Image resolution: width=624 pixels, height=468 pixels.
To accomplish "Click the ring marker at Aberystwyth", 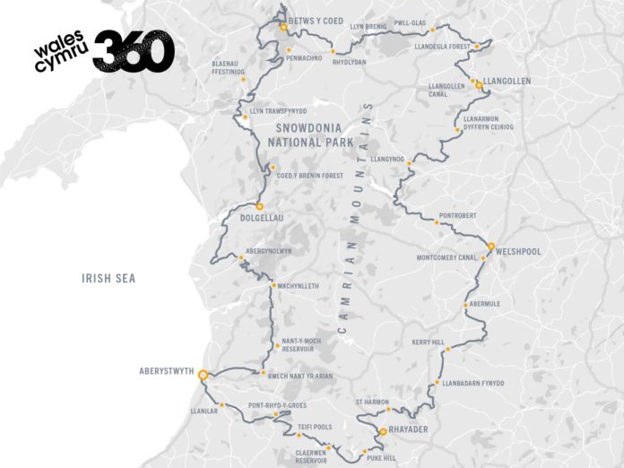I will pyautogui.click(x=203, y=375).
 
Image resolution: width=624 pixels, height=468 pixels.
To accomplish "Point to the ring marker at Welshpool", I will pyautogui.click(x=491, y=246).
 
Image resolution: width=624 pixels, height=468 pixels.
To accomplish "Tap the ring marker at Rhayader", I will pyautogui.click(x=382, y=432).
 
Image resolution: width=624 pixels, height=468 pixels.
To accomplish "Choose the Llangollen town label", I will pyautogui.click(x=507, y=81).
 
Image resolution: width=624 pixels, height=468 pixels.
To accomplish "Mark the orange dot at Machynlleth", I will pyautogui.click(x=273, y=286).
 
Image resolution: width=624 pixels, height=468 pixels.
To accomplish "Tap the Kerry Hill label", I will pyautogui.click(x=428, y=342).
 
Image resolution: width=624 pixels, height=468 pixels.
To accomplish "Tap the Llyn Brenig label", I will pyautogui.click(x=368, y=27).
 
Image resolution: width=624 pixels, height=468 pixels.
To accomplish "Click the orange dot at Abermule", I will pyautogui.click(x=465, y=305).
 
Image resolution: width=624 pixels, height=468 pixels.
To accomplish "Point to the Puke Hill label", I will pyautogui.click(x=386, y=458).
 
